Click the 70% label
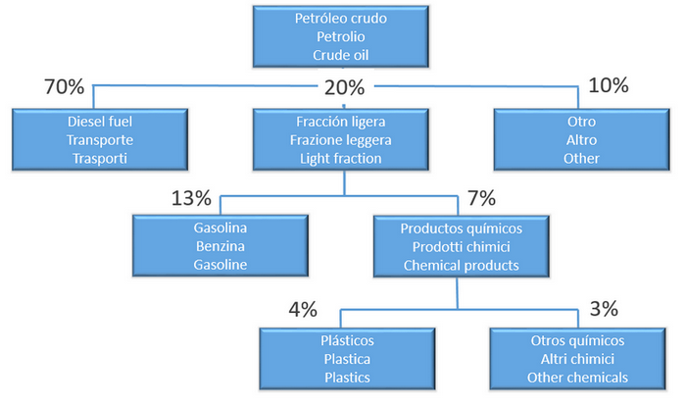[x=65, y=86]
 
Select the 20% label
[x=344, y=87]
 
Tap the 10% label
[x=609, y=85]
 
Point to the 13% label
[x=191, y=198]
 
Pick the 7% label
[x=482, y=198]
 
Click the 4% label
[x=303, y=310]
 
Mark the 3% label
[x=604, y=309]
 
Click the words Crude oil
[x=341, y=55]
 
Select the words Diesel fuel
[x=100, y=122]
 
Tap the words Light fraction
[x=341, y=159]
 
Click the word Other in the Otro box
[x=581, y=159]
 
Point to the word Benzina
[x=220, y=246]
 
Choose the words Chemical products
[x=462, y=266]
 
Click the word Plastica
[x=347, y=360]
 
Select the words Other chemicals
[x=577, y=378]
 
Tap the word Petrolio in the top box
[x=341, y=37]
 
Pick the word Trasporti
[x=100, y=159]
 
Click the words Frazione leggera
[x=341, y=140]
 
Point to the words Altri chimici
[x=577, y=360]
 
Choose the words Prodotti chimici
[x=462, y=247]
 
